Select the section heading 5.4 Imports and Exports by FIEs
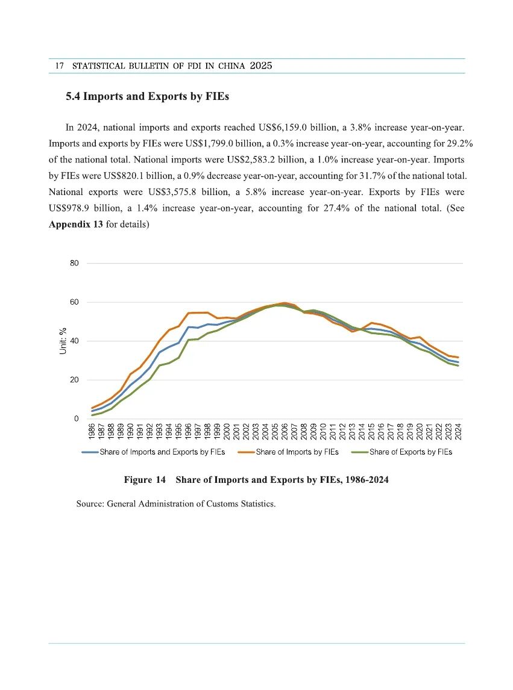147,96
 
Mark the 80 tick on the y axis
74,263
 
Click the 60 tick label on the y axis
74,302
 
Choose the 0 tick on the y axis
77,418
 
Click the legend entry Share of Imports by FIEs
297,452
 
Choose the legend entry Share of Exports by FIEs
410,452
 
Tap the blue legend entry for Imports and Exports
162,452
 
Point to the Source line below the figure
175,503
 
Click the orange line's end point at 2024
458,358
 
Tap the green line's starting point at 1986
93,415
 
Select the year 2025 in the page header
260,66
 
